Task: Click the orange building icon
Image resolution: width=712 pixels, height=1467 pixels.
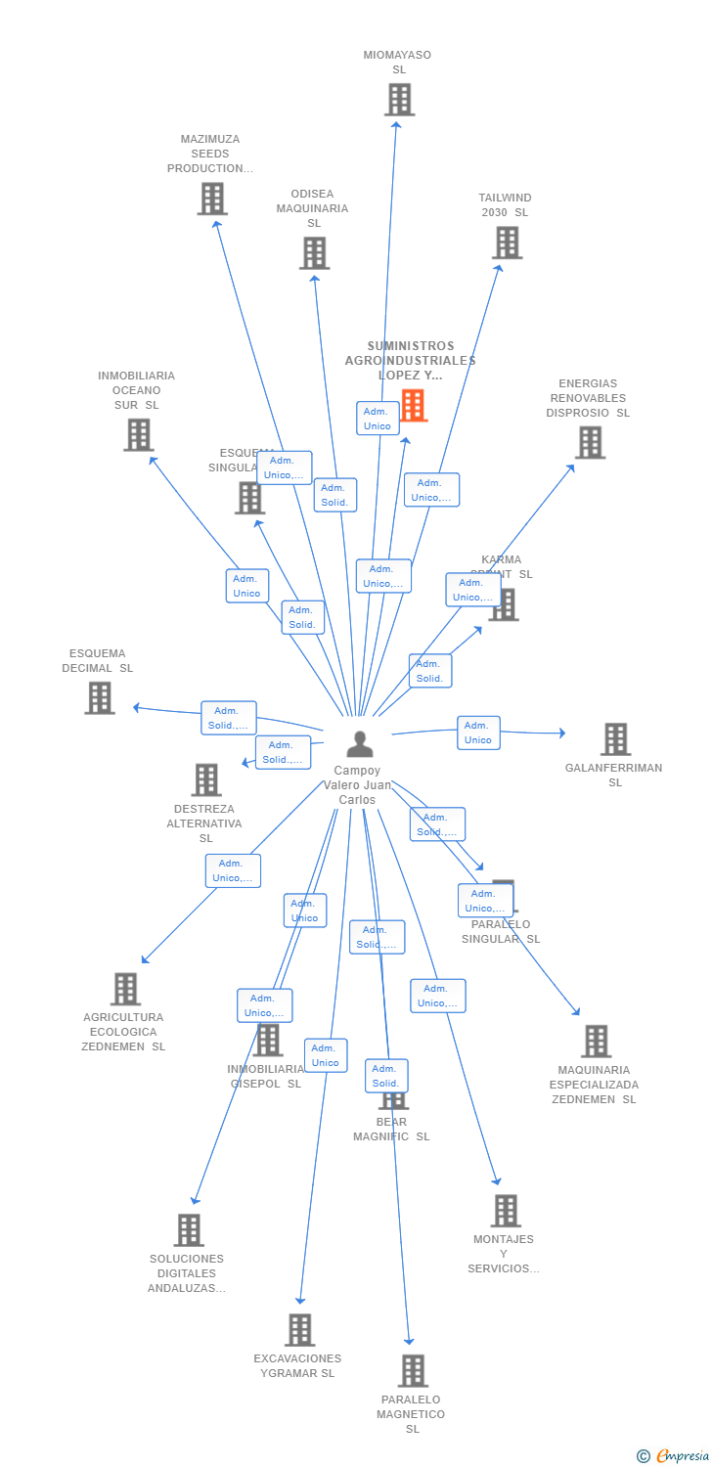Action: (414, 405)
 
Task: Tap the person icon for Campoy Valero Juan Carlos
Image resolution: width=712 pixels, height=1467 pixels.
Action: (360, 744)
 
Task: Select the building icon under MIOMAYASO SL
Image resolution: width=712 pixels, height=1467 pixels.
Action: (399, 100)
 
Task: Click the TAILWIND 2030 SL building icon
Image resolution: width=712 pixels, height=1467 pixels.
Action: (507, 243)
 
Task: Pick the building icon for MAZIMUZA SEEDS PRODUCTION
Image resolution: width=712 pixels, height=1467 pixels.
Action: (211, 199)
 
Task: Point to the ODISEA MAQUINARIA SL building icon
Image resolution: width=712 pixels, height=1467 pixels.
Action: (314, 253)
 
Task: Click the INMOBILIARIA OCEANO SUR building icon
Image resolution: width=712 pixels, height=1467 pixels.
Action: (139, 435)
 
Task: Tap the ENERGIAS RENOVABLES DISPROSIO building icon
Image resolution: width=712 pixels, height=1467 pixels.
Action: (589, 442)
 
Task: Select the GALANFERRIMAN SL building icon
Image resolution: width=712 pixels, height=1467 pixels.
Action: (615, 739)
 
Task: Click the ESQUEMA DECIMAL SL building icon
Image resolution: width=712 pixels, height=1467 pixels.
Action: (99, 698)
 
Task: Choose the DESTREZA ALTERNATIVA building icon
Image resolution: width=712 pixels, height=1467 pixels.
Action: (206, 779)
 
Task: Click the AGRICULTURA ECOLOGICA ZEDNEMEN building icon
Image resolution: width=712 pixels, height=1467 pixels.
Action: (125, 989)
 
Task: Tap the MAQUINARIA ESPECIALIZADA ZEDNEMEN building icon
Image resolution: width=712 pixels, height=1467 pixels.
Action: (596, 1042)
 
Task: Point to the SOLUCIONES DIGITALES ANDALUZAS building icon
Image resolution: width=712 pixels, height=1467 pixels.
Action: (189, 1230)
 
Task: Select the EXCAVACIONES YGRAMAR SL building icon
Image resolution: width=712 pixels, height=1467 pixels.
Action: (299, 1330)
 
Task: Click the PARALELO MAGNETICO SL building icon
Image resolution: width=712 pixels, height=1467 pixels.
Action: (413, 1371)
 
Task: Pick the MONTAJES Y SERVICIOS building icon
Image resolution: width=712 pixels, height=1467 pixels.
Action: (506, 1211)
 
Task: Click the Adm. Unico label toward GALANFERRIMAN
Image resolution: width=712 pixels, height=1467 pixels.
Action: (478, 733)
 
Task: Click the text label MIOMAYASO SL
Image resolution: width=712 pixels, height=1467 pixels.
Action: (397, 63)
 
